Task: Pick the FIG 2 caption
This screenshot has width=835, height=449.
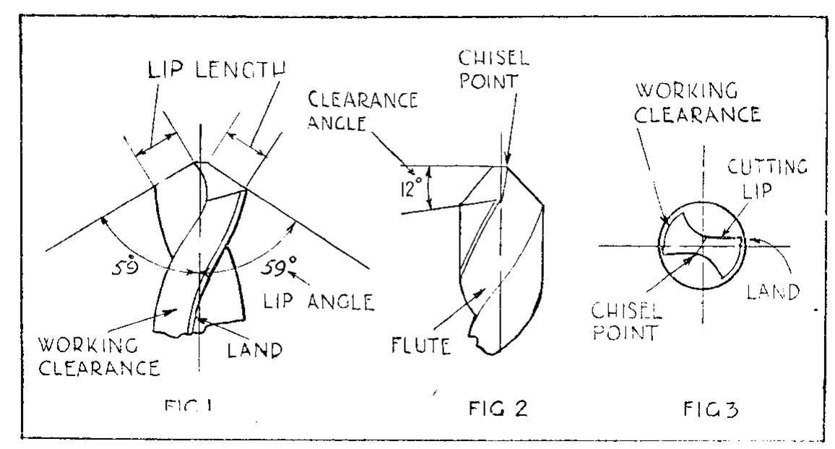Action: pos(498,409)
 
